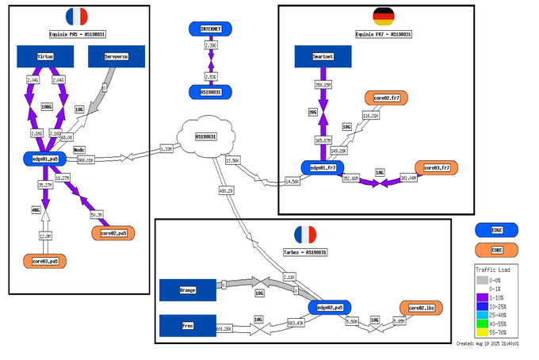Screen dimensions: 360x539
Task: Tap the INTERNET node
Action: (210, 29)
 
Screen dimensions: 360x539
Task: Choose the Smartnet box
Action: (323, 56)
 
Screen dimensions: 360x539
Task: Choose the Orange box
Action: (188, 289)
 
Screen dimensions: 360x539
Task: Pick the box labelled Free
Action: (188, 325)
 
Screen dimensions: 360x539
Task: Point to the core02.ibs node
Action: (421, 307)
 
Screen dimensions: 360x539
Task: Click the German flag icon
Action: (384, 17)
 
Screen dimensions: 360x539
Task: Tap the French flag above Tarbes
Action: (305, 235)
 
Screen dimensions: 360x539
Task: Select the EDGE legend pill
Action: (497, 229)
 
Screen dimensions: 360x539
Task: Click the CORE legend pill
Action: (497, 250)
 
